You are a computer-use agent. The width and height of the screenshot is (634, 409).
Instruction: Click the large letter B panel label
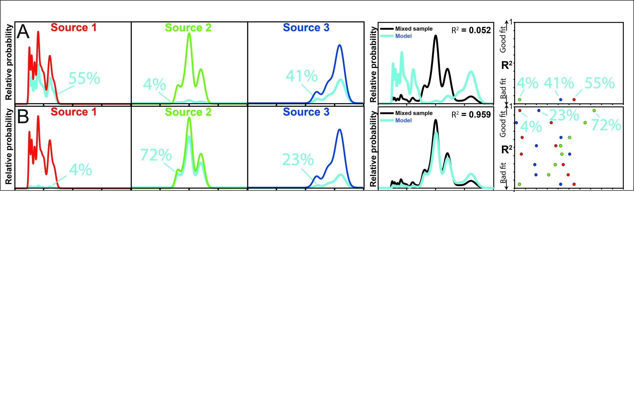[x=23, y=116]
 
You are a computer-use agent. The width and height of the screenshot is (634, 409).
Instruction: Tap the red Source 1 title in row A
[x=73, y=27]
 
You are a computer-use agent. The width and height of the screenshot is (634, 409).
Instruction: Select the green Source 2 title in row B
[x=188, y=112]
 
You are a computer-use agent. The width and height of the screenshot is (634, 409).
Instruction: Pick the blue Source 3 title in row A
[x=306, y=27]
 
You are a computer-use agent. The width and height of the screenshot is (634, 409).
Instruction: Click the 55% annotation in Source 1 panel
[x=84, y=78]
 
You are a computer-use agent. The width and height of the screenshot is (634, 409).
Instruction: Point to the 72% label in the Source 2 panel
[x=156, y=155]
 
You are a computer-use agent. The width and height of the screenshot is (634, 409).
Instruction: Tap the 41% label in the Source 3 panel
[x=302, y=76]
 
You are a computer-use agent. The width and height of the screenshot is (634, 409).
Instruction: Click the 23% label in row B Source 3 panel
[x=298, y=159]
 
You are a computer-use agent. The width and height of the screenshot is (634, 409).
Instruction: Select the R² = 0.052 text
[x=471, y=30]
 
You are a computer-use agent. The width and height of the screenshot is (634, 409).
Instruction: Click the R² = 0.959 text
[x=471, y=114]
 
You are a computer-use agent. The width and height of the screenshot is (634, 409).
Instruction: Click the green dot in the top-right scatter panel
[x=519, y=100]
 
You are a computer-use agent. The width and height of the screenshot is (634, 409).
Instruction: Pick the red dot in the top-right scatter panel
[x=574, y=100]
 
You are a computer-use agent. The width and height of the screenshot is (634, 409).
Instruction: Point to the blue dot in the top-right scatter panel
[x=561, y=100]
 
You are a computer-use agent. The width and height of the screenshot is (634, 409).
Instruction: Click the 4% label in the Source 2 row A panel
[x=154, y=84]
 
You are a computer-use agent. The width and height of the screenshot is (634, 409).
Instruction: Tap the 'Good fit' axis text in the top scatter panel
[x=503, y=40]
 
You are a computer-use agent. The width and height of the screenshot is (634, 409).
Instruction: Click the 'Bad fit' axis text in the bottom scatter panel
[x=503, y=173]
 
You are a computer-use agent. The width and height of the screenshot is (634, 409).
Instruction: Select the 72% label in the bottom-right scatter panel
[x=606, y=125]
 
